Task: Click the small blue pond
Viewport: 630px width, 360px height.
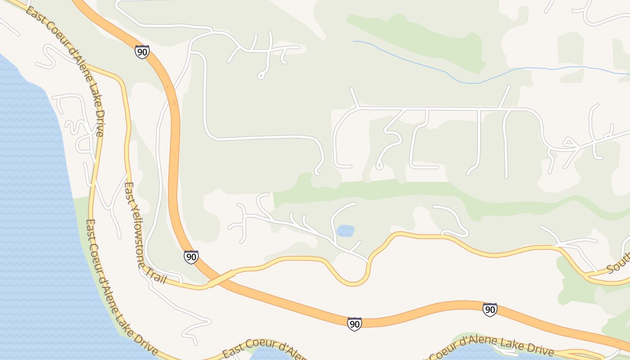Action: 345,231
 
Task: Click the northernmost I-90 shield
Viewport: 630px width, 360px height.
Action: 142,52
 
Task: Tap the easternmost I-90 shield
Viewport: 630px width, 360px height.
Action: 490,310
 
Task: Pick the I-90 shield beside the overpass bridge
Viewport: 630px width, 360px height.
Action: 191,257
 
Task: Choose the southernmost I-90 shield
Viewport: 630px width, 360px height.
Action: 355,324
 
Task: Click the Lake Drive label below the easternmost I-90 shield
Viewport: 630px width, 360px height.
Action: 499,347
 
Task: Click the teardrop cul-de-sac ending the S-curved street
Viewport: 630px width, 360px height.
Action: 379,166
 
